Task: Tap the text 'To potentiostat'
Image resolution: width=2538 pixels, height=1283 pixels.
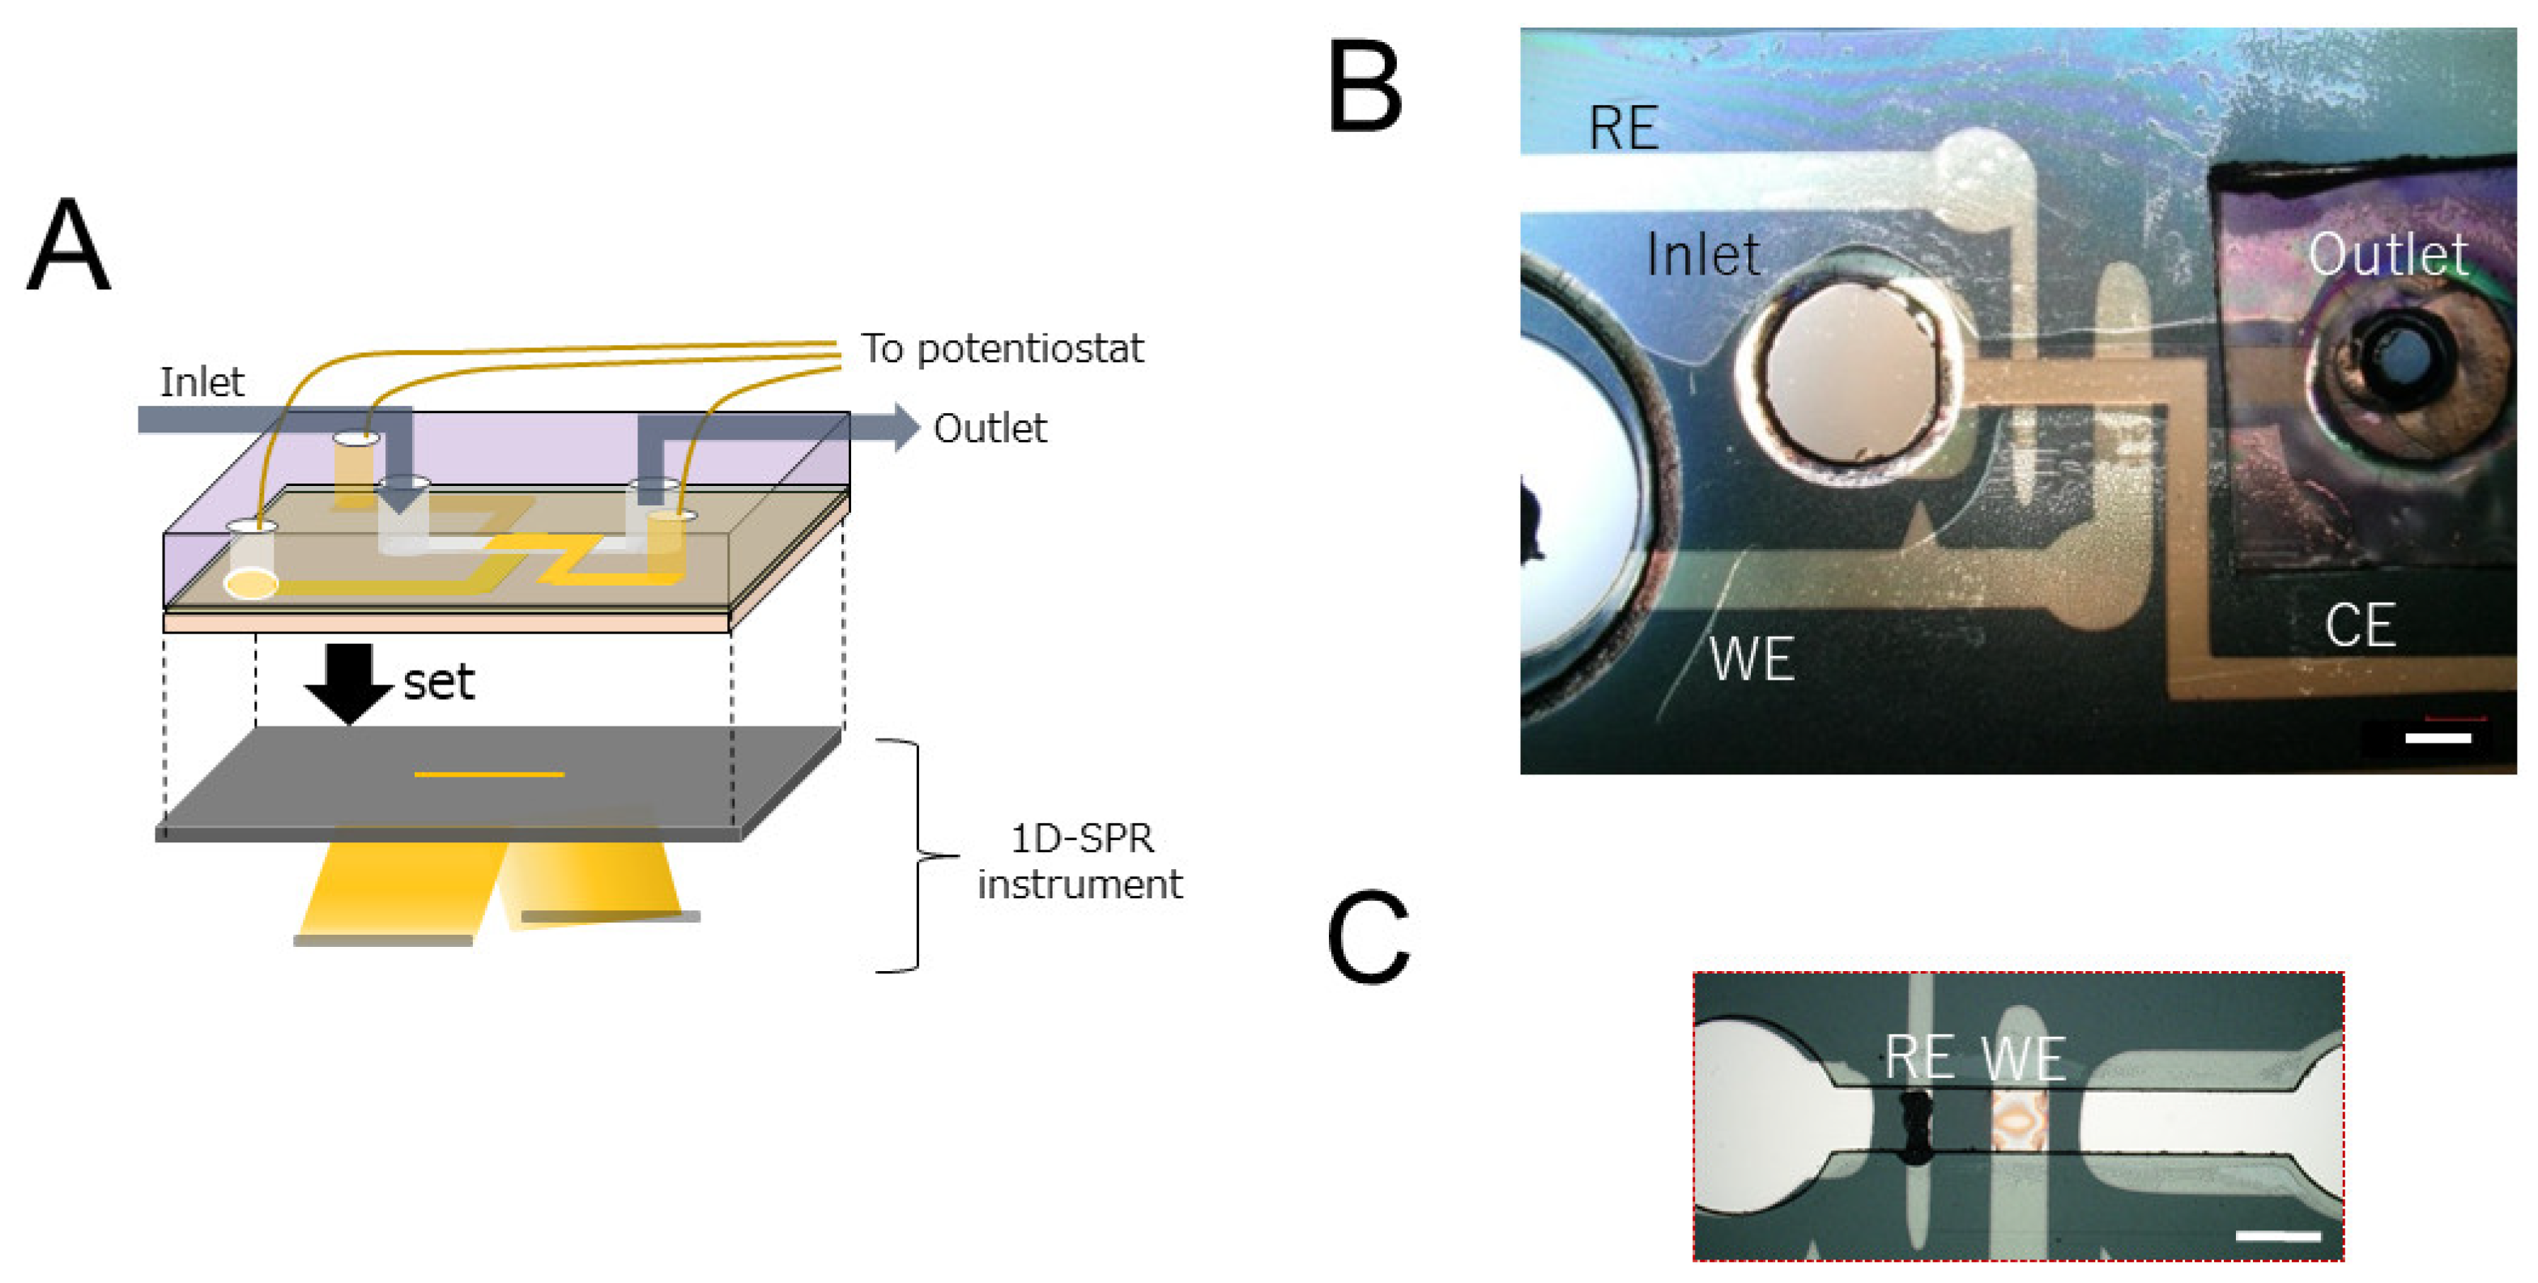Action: tap(1001, 349)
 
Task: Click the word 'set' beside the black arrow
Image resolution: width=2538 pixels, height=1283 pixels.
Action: tap(438, 682)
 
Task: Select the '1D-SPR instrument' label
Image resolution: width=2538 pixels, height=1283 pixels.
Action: tap(1080, 860)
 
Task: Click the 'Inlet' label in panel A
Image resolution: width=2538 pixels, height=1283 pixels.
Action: tap(201, 382)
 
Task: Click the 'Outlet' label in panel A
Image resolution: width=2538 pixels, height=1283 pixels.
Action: tap(989, 428)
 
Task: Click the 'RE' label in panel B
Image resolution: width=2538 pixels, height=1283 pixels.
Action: tap(1623, 128)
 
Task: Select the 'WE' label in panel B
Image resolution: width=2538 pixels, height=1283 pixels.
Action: tap(1751, 659)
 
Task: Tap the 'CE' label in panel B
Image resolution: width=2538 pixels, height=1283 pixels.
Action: tap(2360, 624)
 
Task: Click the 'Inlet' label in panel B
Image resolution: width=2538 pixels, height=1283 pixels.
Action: tap(1702, 255)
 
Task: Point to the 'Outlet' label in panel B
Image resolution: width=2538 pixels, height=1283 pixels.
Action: tap(2387, 254)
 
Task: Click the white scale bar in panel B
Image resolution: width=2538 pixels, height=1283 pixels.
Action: tap(2438, 737)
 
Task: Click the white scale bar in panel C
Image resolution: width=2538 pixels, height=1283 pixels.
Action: tap(2277, 1234)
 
